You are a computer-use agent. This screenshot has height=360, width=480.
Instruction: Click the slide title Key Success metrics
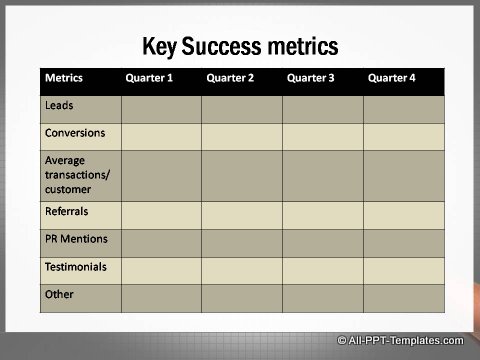coord(240,46)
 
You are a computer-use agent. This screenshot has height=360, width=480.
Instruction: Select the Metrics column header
coord(63,78)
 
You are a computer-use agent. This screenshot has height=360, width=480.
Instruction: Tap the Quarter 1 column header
coord(149,78)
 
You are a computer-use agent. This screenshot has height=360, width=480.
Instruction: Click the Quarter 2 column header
coord(230,78)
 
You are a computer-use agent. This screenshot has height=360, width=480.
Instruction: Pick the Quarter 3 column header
coord(311,78)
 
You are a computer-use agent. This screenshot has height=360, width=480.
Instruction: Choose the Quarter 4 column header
coord(392,78)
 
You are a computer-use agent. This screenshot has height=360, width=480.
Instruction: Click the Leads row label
coord(58,104)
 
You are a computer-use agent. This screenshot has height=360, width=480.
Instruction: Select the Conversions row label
coord(74,132)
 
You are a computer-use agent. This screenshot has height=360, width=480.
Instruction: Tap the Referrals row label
coord(66,211)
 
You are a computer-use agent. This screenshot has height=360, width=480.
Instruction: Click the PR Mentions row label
coord(76,239)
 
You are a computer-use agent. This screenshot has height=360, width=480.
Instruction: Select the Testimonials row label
coord(75,267)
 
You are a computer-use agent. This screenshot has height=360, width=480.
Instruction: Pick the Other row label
coord(59,294)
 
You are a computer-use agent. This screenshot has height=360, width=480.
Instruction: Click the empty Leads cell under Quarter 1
coord(161,109)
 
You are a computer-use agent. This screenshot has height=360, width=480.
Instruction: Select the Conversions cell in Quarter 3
coord(322,137)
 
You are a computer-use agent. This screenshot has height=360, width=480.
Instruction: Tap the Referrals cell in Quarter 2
coord(242,215)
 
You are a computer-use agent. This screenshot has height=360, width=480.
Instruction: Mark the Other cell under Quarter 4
coord(403,298)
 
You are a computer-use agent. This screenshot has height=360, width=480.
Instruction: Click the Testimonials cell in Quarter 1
coord(161,270)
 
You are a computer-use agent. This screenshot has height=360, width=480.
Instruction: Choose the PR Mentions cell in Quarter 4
coord(403,243)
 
